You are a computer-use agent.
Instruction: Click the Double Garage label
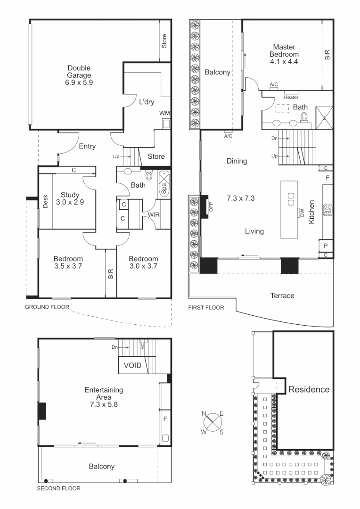click(x=79, y=75)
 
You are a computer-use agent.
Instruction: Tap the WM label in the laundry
click(x=164, y=113)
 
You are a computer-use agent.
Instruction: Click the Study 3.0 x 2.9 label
click(x=69, y=198)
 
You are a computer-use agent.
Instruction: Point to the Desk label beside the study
click(x=45, y=201)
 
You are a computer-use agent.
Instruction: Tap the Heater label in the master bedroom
click(x=291, y=98)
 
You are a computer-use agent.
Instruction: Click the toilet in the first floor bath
click(x=304, y=117)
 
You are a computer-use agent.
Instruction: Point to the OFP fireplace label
click(x=211, y=206)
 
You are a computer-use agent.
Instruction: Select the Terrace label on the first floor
click(x=282, y=296)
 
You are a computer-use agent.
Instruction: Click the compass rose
click(x=213, y=420)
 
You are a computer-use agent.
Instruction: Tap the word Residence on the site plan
click(x=309, y=389)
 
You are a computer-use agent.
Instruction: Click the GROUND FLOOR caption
click(x=47, y=307)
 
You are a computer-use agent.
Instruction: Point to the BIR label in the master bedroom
click(x=327, y=55)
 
